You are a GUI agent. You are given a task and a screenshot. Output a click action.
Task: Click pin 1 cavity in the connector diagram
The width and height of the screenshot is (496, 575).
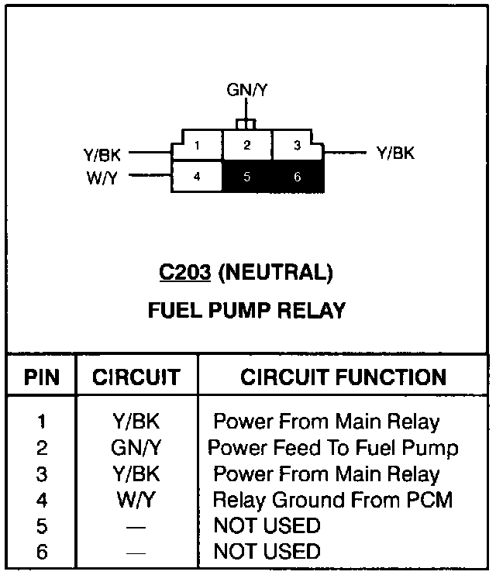pyautogui.click(x=198, y=145)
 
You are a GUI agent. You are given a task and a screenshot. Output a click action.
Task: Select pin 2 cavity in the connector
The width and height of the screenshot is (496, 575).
pyautogui.click(x=246, y=145)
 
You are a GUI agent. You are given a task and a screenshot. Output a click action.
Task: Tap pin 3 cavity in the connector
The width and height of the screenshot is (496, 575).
pyautogui.click(x=297, y=145)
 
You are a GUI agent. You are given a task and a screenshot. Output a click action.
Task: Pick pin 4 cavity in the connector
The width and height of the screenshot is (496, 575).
pyautogui.click(x=197, y=176)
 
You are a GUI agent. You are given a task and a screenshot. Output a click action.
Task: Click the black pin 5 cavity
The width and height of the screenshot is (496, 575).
pyautogui.click(x=246, y=177)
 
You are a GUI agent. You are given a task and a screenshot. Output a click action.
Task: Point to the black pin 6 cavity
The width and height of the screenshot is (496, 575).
pyautogui.click(x=297, y=177)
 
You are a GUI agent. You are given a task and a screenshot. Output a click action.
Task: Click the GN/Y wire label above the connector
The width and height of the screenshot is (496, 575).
pyautogui.click(x=247, y=91)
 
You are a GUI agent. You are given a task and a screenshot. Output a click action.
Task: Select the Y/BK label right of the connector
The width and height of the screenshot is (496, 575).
pyautogui.click(x=395, y=153)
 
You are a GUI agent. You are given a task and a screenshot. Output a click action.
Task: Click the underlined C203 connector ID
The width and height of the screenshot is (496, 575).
pyautogui.click(x=184, y=273)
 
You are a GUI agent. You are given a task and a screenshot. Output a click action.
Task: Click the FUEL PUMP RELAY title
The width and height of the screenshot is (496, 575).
pyautogui.click(x=246, y=311)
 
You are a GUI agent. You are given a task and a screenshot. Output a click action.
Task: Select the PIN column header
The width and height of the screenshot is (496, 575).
pyautogui.click(x=41, y=377)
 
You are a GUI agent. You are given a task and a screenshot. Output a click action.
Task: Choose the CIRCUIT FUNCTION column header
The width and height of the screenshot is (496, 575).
pyautogui.click(x=343, y=377)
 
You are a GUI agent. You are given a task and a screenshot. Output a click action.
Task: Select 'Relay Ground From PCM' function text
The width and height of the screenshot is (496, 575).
pyautogui.click(x=332, y=500)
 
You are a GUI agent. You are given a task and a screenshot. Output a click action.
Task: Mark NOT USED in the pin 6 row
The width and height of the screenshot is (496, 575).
pyautogui.click(x=267, y=551)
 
